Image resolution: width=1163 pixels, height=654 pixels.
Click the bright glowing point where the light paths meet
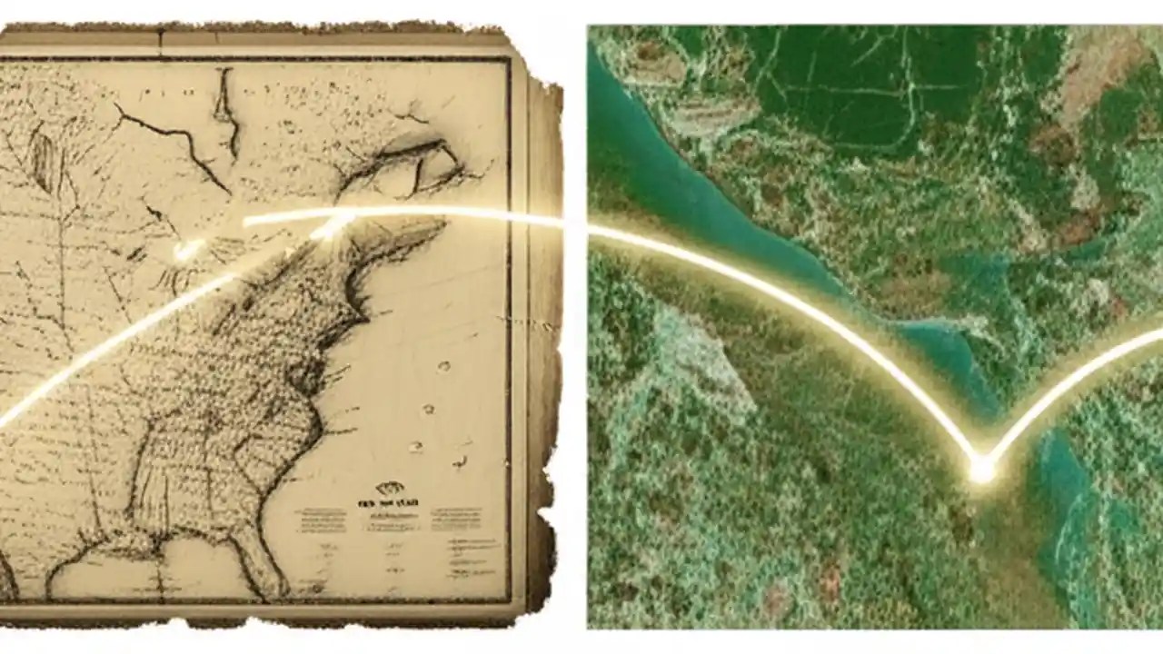point(981,469)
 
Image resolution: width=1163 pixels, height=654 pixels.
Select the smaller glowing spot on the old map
point(187,250)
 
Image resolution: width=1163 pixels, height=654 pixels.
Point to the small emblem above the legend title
point(390,488)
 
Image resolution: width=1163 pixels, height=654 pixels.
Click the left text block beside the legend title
point(320,520)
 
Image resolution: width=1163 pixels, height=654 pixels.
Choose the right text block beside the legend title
point(456,520)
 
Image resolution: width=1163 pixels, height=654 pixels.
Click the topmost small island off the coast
point(443,367)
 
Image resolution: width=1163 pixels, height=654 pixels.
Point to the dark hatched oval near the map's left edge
point(42,160)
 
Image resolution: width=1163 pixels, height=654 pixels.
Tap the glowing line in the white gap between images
point(574,223)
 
